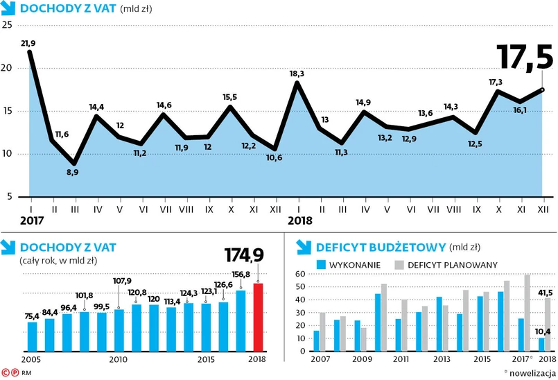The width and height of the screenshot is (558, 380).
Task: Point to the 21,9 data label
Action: pyautogui.click(x=28, y=43)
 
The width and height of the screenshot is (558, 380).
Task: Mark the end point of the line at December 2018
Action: pyautogui.click(x=543, y=89)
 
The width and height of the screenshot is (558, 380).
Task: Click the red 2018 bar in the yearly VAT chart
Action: pyautogui.click(x=258, y=317)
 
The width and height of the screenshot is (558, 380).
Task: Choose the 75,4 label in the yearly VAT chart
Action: pyautogui.click(x=32, y=316)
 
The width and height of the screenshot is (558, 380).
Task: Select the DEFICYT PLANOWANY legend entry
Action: pyautogui.click(x=451, y=264)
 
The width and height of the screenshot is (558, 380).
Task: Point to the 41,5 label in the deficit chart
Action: pyautogui.click(x=547, y=292)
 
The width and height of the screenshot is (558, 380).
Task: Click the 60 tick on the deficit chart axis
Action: pyautogui.click(x=300, y=274)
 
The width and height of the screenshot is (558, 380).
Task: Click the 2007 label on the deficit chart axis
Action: pyautogui.click(x=321, y=359)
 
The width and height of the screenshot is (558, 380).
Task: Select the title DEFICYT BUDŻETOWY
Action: pyautogui.click(x=381, y=246)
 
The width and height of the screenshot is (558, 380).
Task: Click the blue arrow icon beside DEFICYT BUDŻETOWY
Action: pyautogui.click(x=302, y=246)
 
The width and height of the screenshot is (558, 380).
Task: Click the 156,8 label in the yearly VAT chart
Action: pyautogui.click(x=241, y=274)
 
